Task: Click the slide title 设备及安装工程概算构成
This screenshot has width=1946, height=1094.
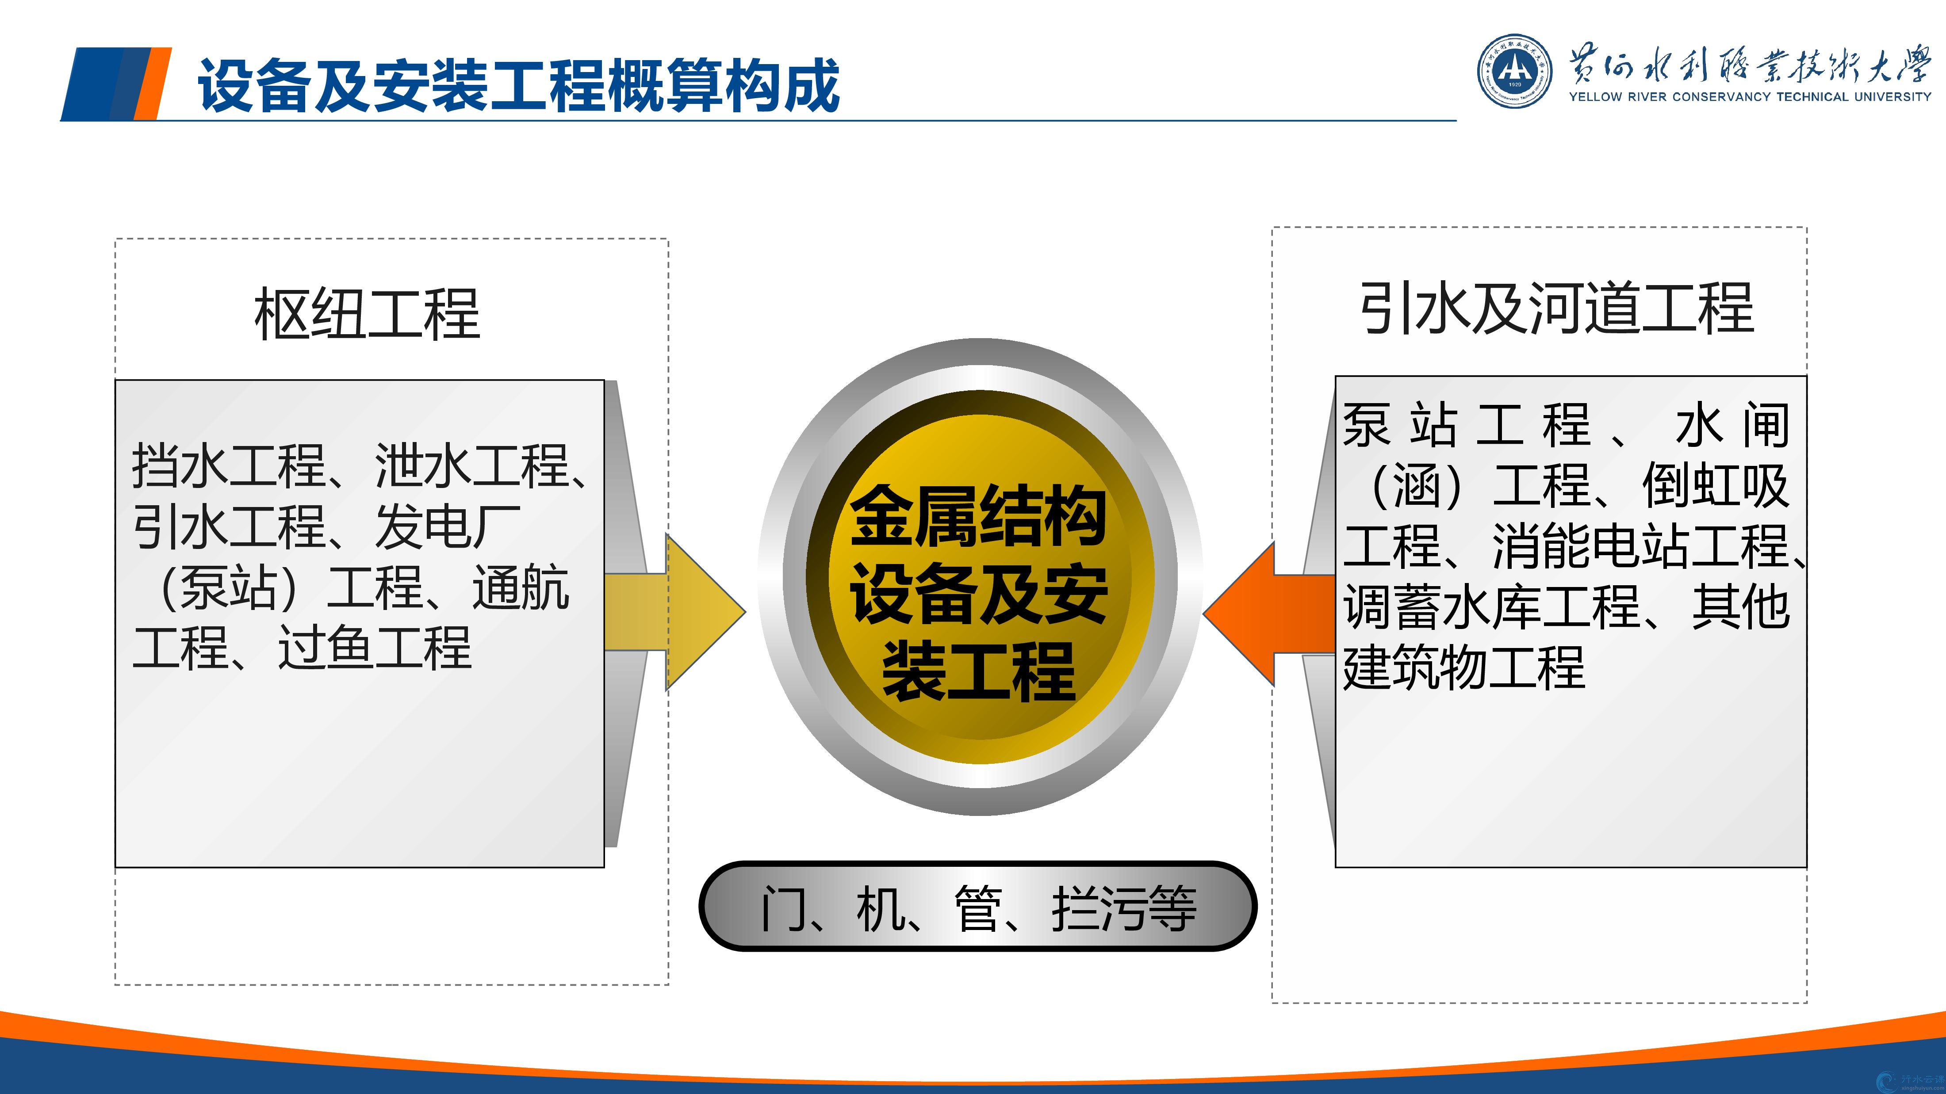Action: point(518,85)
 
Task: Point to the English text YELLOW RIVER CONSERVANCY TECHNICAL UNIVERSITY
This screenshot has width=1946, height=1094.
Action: point(1750,97)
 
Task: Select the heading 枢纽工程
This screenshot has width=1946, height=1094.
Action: point(367,313)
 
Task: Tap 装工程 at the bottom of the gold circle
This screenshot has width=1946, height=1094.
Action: point(979,671)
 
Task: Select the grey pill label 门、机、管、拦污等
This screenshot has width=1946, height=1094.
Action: point(978,906)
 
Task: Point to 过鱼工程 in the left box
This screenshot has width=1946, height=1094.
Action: point(375,647)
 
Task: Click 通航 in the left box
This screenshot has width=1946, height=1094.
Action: point(521,587)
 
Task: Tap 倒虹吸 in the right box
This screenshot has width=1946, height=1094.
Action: point(1715,485)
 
